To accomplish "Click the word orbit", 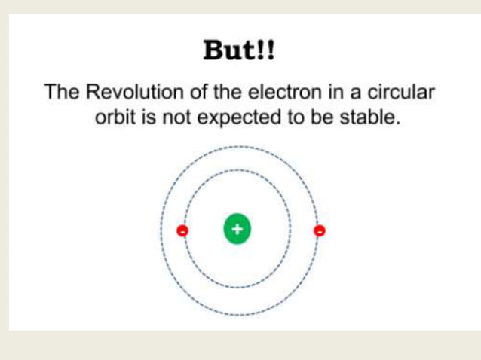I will (113, 118).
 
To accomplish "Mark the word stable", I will (369, 118).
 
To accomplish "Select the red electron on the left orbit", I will (182, 231).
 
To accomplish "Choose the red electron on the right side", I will (320, 230).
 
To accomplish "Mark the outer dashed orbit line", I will (237, 146).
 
